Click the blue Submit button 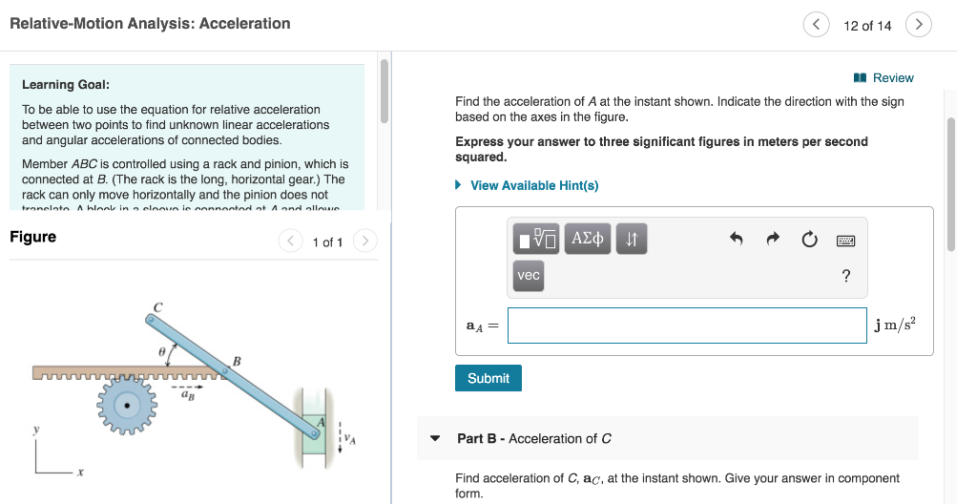[x=488, y=378]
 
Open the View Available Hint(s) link [x=534, y=185]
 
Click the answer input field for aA [x=687, y=325]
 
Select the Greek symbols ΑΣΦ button [x=588, y=240]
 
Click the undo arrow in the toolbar [x=736, y=241]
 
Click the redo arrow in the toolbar [x=773, y=241]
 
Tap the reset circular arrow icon [x=809, y=241]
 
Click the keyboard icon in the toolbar [x=846, y=241]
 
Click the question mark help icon [x=845, y=277]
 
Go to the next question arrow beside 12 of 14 [x=918, y=26]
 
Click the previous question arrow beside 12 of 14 [x=816, y=26]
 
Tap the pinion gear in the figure [x=127, y=405]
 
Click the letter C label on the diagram [x=158, y=306]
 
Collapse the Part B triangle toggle [x=435, y=439]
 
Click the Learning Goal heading [x=65, y=85]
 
